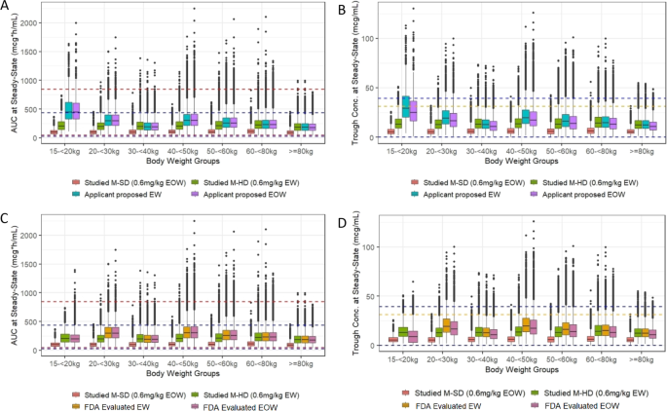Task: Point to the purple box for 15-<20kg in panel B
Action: [x=413, y=110]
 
